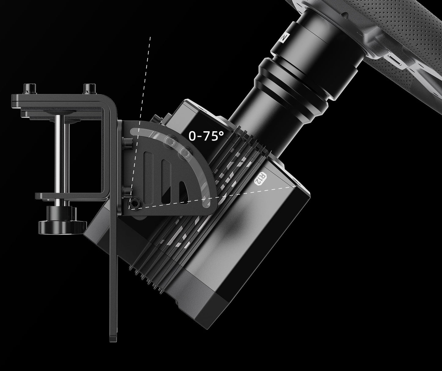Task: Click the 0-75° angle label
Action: (206, 136)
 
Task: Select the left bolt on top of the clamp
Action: (30, 89)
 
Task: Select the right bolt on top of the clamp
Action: (90, 89)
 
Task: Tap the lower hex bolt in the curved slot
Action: (185, 152)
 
